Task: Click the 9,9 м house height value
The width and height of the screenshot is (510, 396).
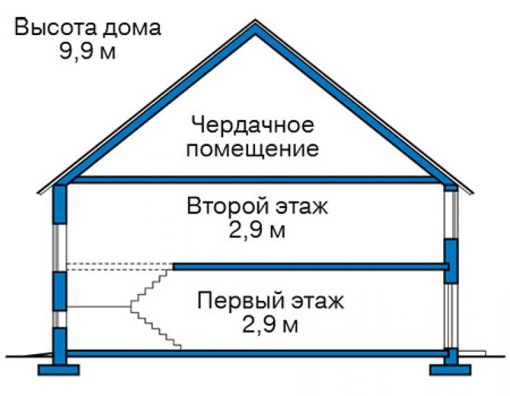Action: pos(88,52)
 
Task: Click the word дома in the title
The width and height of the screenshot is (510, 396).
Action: pos(132,28)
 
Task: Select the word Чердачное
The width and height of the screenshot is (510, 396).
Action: pos(253,125)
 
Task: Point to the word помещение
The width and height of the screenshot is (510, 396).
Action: pos(252,149)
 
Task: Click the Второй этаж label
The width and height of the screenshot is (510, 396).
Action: pos(257,207)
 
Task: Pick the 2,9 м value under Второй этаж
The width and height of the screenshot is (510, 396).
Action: pos(257,230)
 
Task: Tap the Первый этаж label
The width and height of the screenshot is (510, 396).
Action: pos(270,301)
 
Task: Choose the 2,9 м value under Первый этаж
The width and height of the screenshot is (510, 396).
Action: pos(270,325)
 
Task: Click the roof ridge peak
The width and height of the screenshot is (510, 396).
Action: pos(255,21)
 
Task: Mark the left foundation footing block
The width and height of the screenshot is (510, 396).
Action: pos(59,370)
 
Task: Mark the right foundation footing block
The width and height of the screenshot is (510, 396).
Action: pos(451,370)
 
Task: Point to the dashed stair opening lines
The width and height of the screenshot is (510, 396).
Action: pos(119,267)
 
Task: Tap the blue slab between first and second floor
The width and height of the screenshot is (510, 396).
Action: pos(311,267)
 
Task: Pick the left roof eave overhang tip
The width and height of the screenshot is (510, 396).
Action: pos(38,193)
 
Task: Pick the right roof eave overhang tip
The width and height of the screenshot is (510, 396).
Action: pos(473,193)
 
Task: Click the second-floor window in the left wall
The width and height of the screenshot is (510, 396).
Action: pos(60,248)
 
